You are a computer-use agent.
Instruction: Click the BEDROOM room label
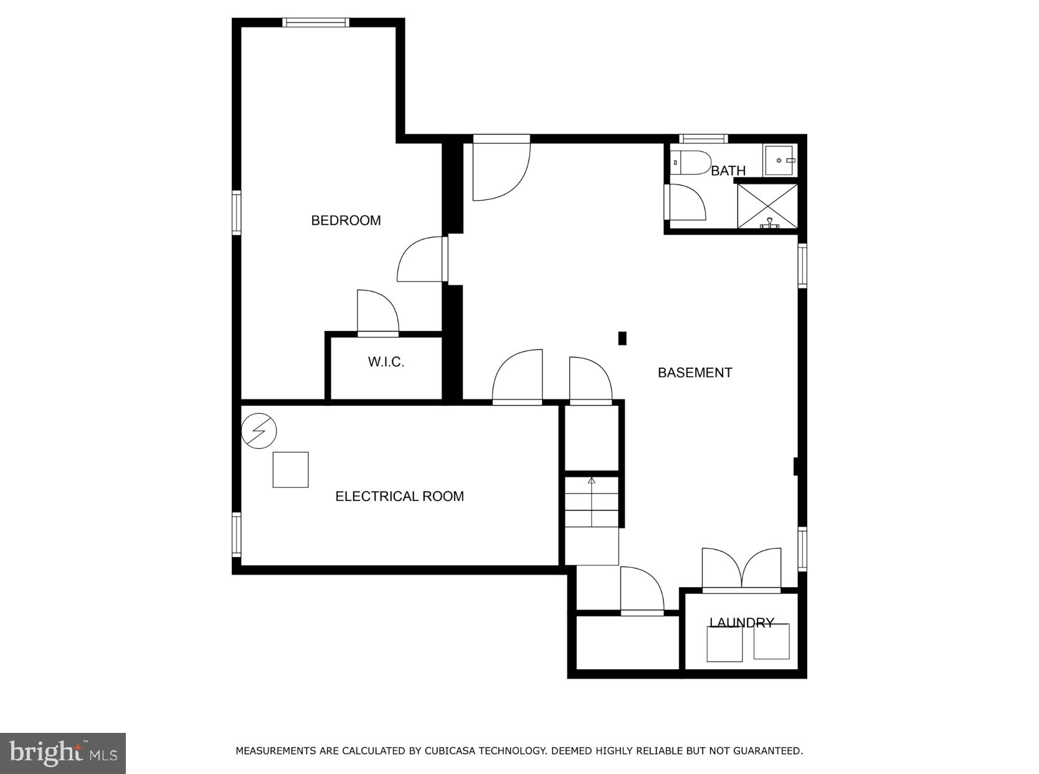(x=346, y=221)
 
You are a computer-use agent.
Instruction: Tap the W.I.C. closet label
(x=386, y=362)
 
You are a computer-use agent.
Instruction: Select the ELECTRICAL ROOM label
(x=399, y=497)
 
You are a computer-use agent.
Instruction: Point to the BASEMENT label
(x=695, y=373)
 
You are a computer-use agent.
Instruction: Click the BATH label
(x=728, y=171)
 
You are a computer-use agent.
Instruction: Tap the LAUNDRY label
(x=741, y=623)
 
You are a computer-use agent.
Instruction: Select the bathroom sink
(x=779, y=160)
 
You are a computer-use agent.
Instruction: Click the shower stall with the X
(x=767, y=206)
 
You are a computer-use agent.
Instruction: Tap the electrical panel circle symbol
(x=259, y=431)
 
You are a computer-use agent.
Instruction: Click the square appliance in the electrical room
(x=290, y=470)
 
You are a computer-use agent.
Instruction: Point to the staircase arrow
(x=592, y=480)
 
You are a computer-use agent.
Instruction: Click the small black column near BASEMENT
(x=622, y=338)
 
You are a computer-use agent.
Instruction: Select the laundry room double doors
(x=741, y=570)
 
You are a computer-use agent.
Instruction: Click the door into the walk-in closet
(x=377, y=313)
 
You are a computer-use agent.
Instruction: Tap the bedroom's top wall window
(x=315, y=23)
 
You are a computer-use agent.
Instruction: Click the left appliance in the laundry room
(x=724, y=644)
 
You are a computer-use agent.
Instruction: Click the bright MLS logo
(x=63, y=753)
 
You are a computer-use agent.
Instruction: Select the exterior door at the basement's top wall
(x=501, y=168)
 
